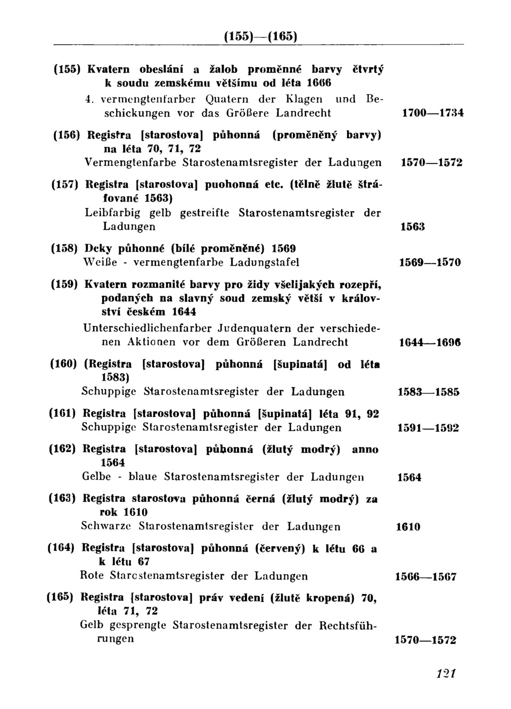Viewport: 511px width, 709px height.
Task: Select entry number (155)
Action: coord(67,69)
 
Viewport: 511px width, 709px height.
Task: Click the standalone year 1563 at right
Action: coord(412,227)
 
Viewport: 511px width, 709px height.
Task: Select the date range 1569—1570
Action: coord(430,262)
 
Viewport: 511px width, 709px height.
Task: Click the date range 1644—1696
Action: coord(430,343)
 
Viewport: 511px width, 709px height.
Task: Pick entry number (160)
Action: coord(64,365)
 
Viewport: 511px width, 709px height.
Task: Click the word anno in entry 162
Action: coord(365,449)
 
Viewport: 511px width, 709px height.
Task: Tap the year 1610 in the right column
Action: coord(408,527)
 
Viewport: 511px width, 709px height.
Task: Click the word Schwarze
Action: coord(106,526)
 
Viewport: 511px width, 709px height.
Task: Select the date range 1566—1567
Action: coord(426,576)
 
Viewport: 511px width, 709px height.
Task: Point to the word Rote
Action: coord(92,576)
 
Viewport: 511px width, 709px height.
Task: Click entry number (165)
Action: coord(60,597)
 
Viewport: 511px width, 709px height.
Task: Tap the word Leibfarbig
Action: coord(111,213)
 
